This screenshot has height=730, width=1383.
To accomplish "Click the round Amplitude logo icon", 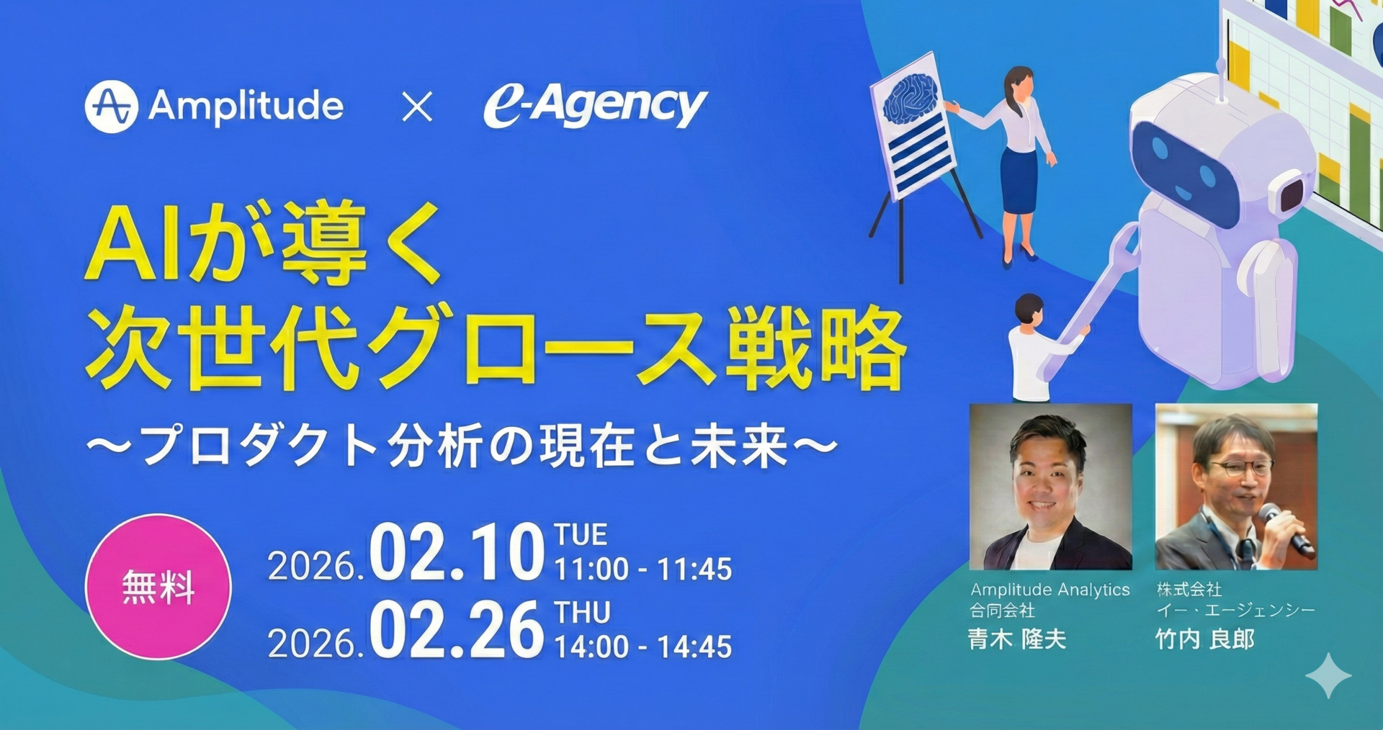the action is point(111,107).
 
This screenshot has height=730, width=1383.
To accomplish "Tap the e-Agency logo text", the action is point(596,107).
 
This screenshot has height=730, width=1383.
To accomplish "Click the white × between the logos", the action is point(417,107).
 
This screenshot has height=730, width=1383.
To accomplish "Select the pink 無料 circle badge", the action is point(158,587).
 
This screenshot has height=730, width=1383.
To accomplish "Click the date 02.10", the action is point(457,552).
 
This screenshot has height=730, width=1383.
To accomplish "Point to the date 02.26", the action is point(457,630).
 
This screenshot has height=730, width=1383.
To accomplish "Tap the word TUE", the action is point(581,535).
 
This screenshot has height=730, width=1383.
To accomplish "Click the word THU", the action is point(582,613).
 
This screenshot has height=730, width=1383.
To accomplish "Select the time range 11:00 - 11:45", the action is point(643,569).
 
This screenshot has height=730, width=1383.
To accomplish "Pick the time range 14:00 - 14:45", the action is point(643,647).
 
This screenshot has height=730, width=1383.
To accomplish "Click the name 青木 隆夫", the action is point(1017,639).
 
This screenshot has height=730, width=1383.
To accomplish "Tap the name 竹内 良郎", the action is point(1205,639).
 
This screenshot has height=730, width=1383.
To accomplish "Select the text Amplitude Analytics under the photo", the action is point(1050,590).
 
